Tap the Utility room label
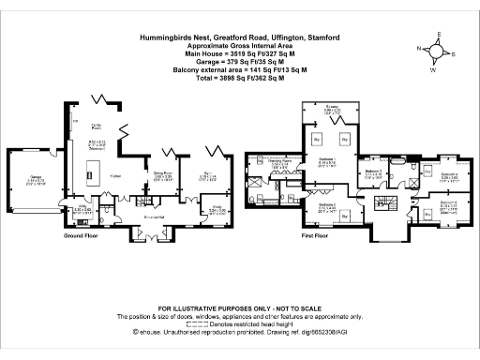(82, 209)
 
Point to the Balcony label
(333, 109)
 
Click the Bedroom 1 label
(326, 158)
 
